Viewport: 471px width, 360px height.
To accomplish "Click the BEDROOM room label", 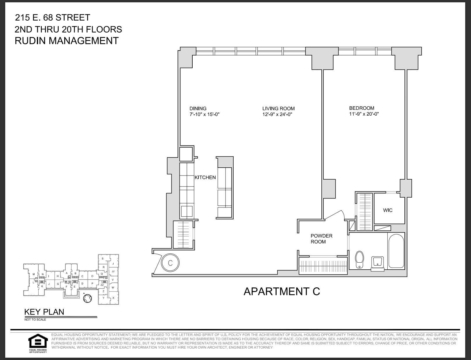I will (361, 108).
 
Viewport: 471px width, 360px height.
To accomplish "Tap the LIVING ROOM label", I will (278, 108).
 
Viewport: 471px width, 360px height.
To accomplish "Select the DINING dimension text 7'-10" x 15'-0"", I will (204, 114).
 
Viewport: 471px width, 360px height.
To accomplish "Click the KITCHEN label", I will (205, 178).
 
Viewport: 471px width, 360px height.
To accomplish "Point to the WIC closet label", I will (388, 210).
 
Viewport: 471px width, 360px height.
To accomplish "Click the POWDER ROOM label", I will (321, 239).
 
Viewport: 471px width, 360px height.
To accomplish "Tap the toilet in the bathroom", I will (360, 259).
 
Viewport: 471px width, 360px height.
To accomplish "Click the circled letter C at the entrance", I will (171, 263).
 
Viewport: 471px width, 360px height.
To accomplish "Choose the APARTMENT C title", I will (282, 291).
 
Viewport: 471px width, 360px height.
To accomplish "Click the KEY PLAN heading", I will (44, 312).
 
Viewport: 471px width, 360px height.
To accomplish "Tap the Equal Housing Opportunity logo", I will (37, 343).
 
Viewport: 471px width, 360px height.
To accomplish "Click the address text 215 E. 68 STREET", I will (53, 18).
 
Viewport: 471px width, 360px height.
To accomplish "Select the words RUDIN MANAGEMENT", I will (67, 41).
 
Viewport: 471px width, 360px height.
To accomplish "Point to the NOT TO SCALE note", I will (35, 320).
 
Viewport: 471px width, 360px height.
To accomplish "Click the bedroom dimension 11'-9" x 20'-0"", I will (364, 114).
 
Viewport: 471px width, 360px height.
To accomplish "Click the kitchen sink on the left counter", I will (187, 211).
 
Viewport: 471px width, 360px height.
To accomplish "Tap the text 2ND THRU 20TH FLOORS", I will (68, 29).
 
